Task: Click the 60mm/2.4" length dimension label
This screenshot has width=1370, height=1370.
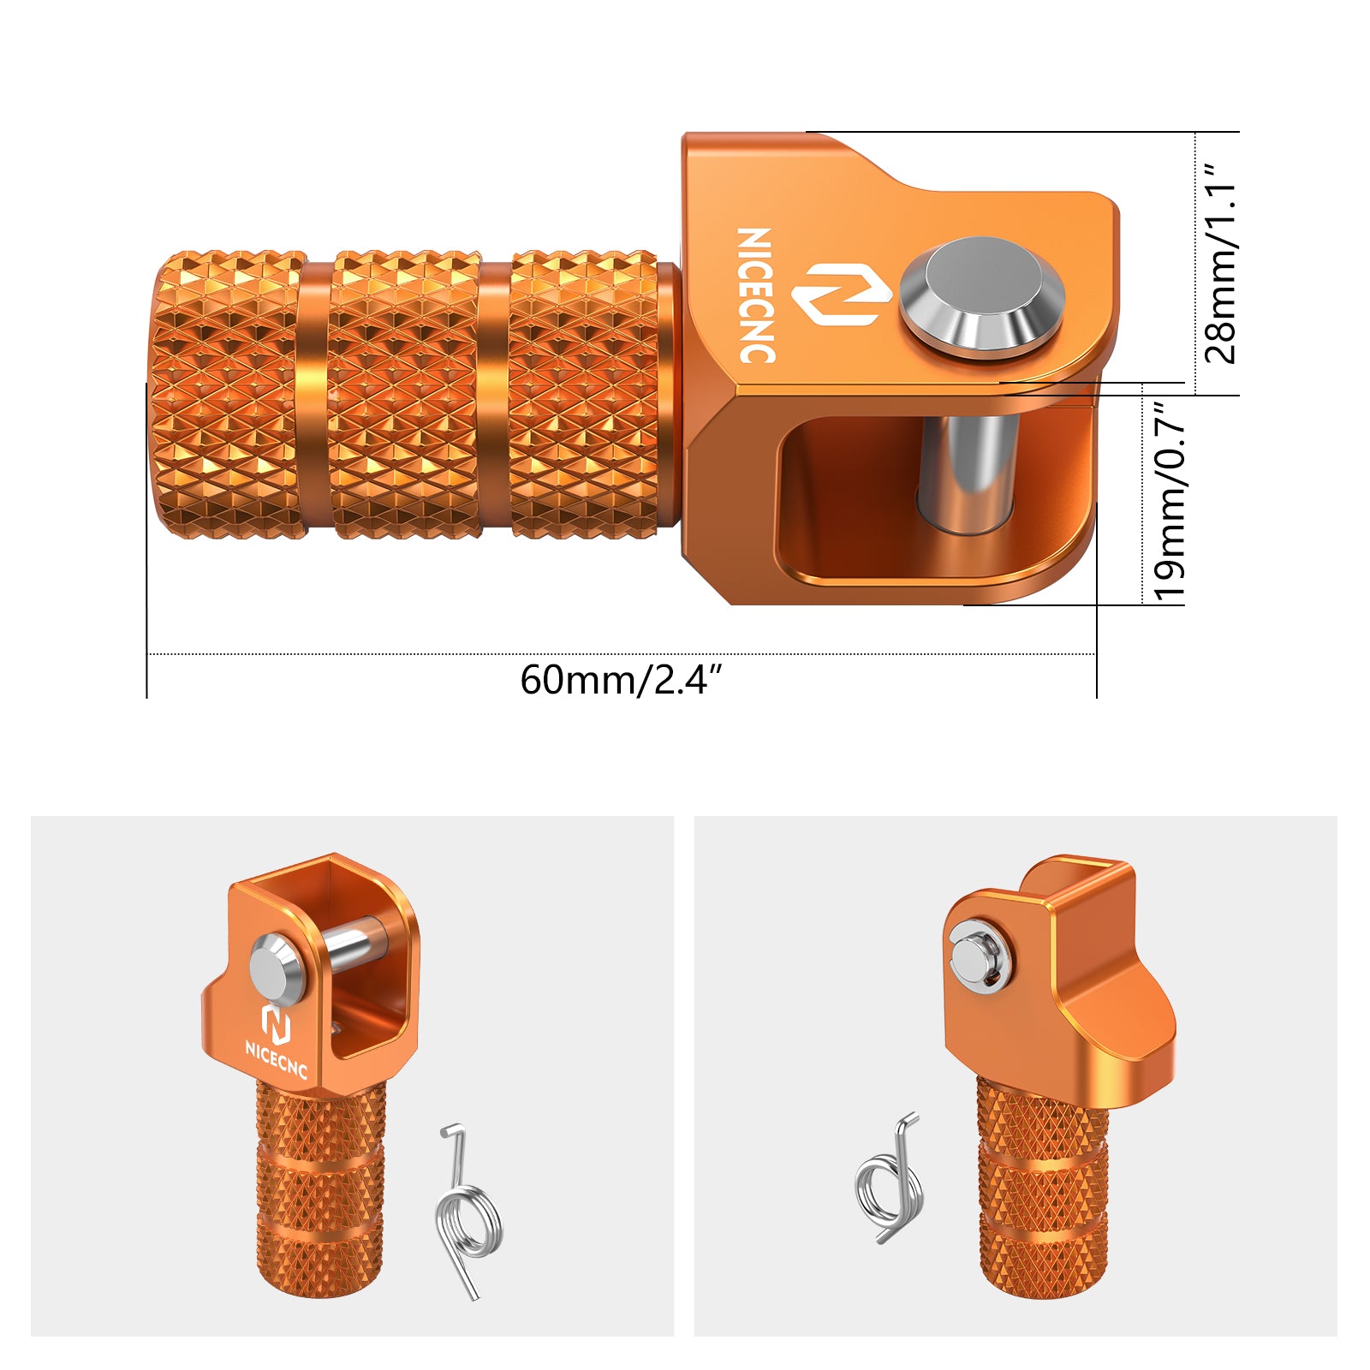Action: tap(621, 680)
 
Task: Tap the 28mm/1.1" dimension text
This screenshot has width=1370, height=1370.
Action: tap(1219, 264)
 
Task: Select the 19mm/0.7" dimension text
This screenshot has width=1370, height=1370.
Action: tap(1170, 500)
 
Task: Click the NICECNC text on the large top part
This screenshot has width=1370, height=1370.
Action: tap(757, 295)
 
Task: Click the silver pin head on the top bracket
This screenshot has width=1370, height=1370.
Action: tap(981, 296)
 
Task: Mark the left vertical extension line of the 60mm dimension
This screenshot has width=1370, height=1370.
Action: tap(147, 548)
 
